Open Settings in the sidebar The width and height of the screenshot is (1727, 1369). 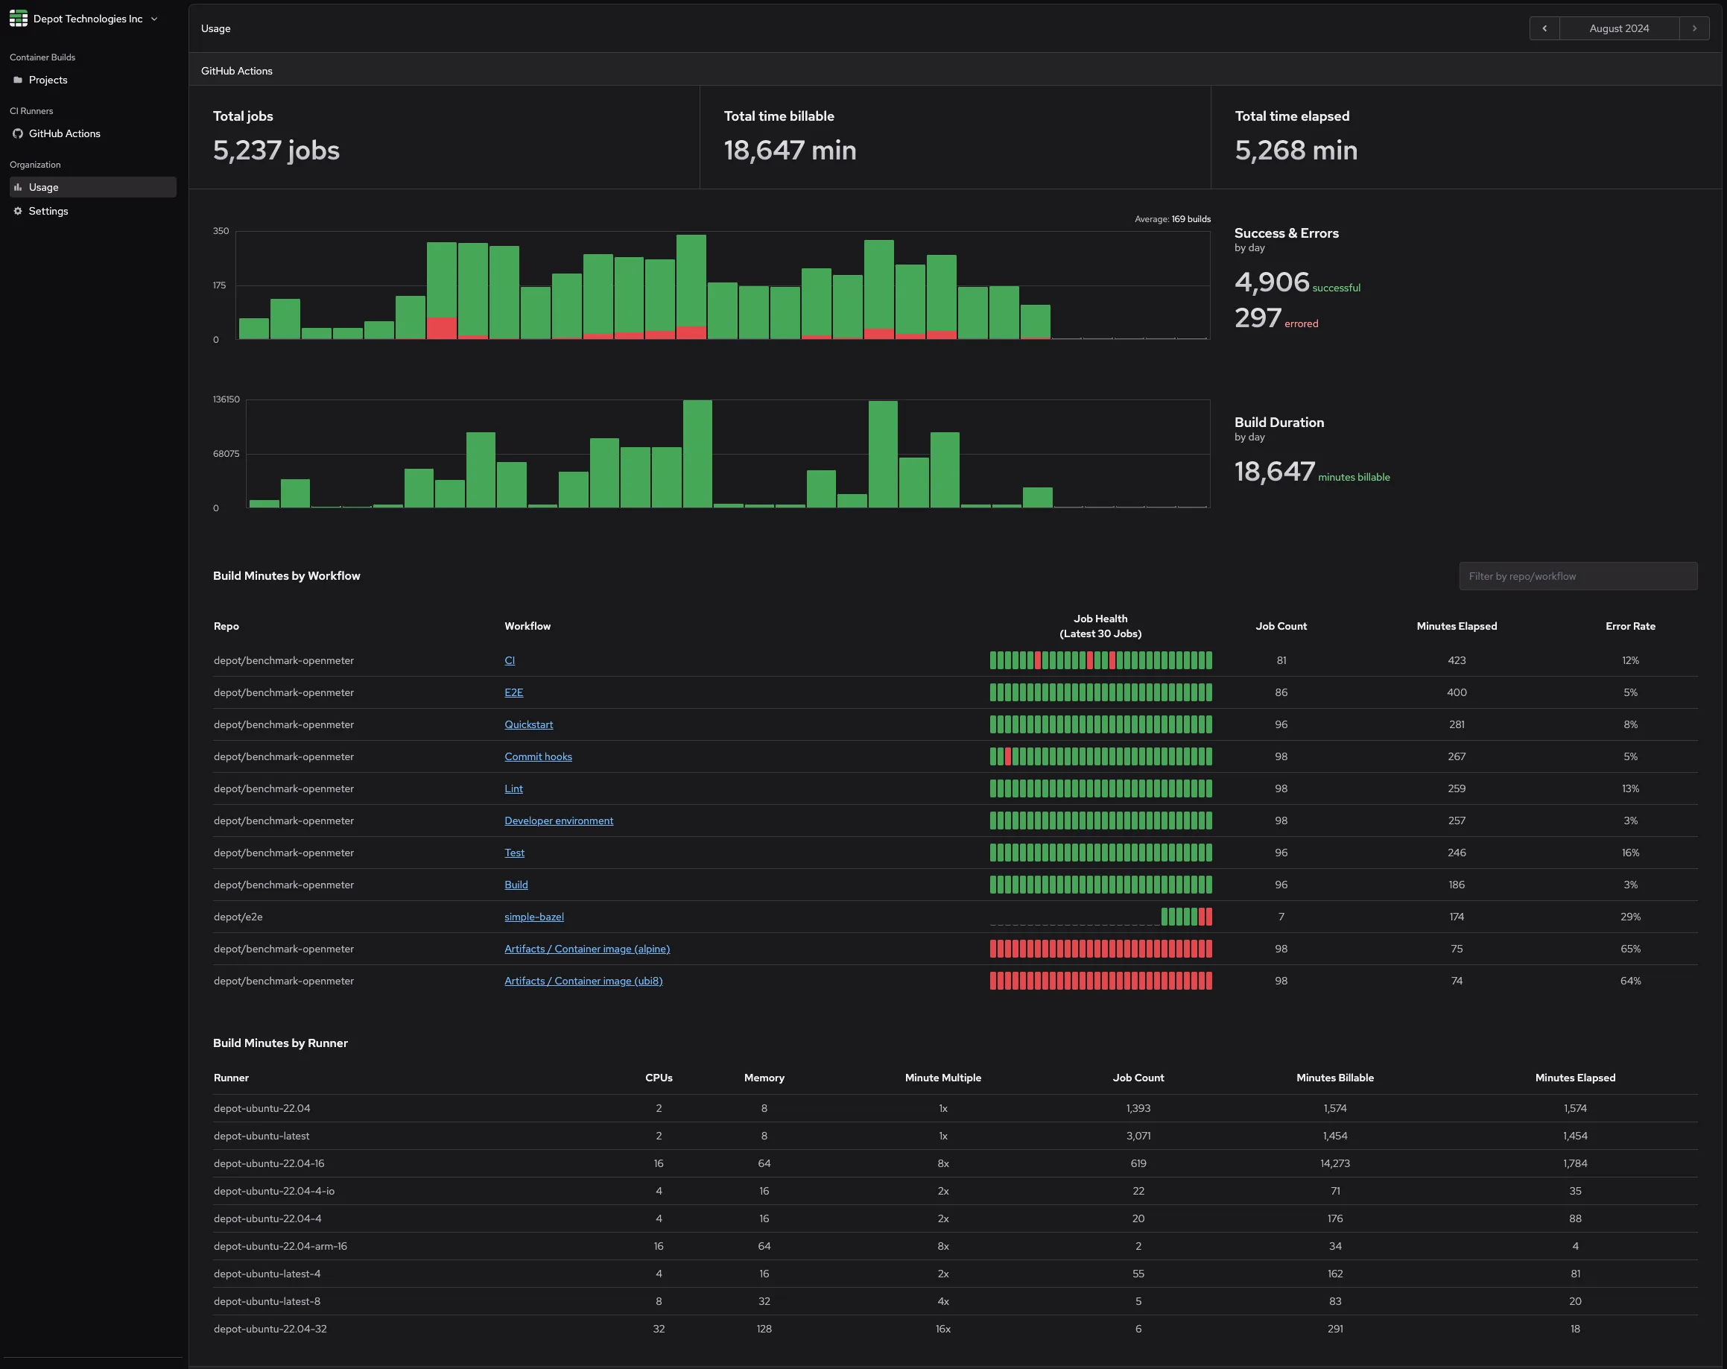pos(48,212)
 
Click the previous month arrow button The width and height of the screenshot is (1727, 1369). pos(1544,28)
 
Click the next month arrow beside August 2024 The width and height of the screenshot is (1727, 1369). pos(1693,28)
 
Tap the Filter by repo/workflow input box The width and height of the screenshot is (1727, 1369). pos(1577,576)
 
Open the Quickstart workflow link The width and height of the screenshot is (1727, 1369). pos(528,724)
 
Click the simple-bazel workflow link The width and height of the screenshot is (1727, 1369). pos(533,917)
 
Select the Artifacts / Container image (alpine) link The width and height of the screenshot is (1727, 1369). pos(586,949)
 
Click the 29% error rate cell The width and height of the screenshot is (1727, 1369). pos(1629,917)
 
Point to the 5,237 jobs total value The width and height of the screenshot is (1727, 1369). pos(276,151)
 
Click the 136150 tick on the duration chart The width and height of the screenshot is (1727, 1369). pos(226,399)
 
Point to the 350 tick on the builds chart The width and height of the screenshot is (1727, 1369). pos(221,231)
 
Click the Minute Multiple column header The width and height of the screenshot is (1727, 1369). pos(942,1078)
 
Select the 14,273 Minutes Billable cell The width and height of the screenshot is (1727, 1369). pos(1334,1163)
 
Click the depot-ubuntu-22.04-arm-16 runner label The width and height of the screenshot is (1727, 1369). pos(279,1245)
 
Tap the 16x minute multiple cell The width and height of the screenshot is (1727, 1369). pos(942,1328)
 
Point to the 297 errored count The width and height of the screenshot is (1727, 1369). pos(1258,318)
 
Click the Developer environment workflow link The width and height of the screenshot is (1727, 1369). pos(558,821)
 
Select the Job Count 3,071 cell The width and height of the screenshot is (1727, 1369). pos(1138,1136)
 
